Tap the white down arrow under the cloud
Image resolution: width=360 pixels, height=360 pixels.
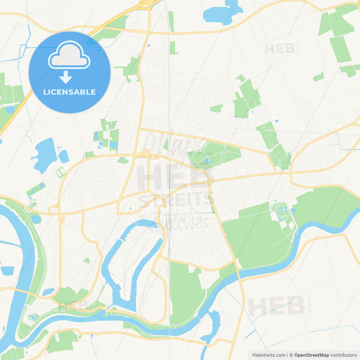coord(66,77)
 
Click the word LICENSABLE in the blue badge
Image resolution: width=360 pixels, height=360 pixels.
coord(69,92)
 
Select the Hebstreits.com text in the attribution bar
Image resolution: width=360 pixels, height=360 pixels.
coord(269,355)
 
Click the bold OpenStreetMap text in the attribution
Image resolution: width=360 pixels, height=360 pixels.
coord(311,355)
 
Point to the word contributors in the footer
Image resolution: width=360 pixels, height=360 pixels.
coord(343,355)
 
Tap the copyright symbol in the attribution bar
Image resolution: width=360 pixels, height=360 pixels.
coord(291,355)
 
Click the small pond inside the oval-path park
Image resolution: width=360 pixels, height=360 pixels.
coord(207,161)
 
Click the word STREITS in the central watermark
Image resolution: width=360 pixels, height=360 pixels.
coord(176,200)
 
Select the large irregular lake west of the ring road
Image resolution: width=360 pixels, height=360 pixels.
coord(45,155)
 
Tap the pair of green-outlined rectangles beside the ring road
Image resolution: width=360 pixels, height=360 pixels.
coord(60,172)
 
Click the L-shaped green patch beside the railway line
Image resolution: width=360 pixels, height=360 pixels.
coord(174,48)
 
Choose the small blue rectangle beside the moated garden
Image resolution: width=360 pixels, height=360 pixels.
coord(294,210)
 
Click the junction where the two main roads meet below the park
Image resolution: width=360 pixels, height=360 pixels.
coord(210,183)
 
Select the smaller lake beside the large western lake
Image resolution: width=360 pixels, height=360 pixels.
coord(64,156)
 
